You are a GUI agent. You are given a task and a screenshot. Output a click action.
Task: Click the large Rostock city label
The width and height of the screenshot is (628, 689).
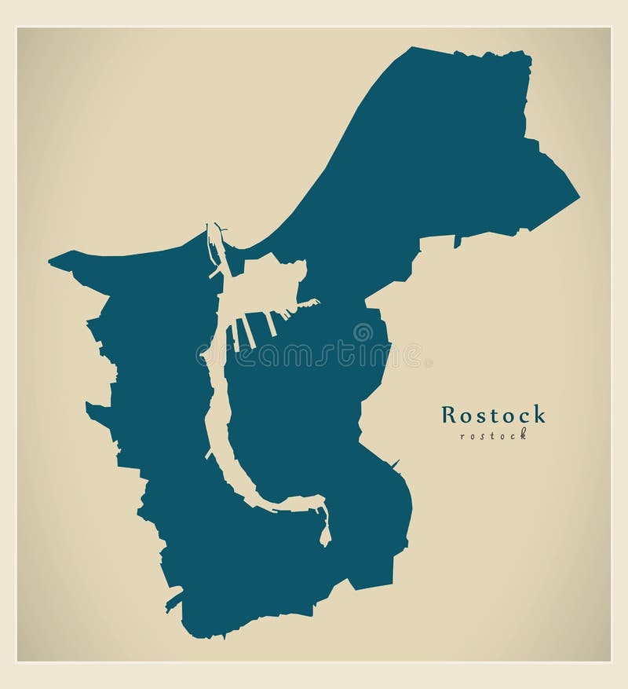tap(493, 414)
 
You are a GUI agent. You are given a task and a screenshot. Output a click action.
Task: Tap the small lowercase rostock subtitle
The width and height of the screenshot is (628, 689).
tap(493, 435)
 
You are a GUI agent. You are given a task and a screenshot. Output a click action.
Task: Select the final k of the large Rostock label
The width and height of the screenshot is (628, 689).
tap(539, 414)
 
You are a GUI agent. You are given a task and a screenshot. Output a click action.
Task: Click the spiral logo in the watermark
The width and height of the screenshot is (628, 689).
tap(363, 332)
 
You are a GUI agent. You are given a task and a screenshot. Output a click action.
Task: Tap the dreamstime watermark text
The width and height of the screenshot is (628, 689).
tap(314, 355)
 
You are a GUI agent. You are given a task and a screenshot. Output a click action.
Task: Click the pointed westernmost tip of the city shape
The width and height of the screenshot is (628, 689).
tap(49, 262)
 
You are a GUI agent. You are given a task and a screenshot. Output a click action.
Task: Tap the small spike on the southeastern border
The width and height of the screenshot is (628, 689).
tap(396, 462)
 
